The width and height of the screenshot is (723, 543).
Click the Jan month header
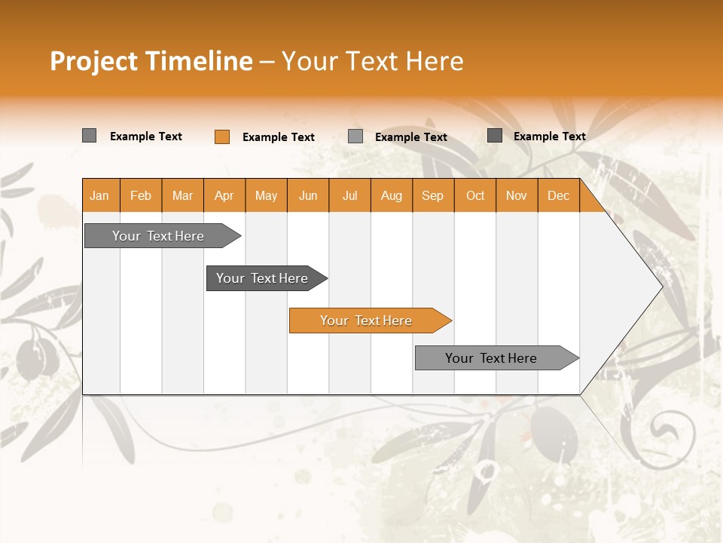click(99, 195)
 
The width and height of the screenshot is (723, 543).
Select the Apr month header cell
click(224, 195)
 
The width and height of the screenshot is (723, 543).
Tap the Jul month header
click(349, 195)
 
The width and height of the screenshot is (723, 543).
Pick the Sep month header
click(432, 195)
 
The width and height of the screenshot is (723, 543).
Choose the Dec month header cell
click(558, 195)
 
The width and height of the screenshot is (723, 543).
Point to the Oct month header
click(474, 195)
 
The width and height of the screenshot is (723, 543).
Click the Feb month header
click(141, 195)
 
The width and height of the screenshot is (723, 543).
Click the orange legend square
click(221, 137)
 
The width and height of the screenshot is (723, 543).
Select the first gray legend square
click(89, 136)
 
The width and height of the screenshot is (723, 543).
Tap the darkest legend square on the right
click(495, 136)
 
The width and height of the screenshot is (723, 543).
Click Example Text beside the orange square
click(279, 137)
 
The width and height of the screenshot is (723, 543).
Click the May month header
click(266, 195)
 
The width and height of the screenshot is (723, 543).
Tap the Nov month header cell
click(517, 195)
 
